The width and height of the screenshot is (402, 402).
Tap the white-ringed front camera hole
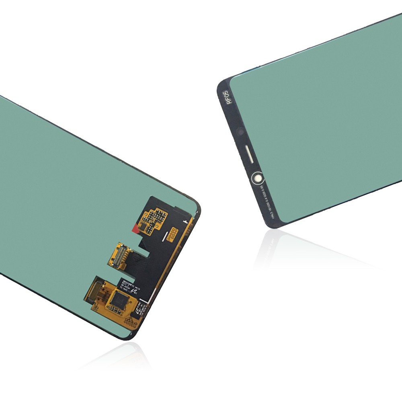click(x=256, y=178)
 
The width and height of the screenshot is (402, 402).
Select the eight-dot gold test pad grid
click(x=172, y=233)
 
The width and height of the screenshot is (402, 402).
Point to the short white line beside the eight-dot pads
click(x=164, y=238)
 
